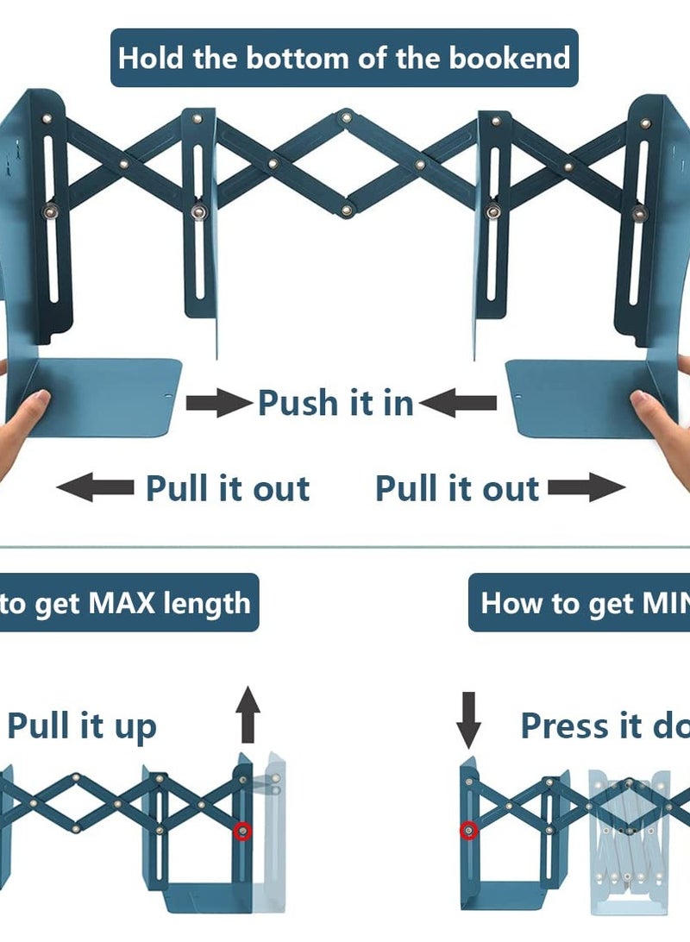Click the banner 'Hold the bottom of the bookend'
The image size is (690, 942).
point(344,58)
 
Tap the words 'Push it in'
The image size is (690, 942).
point(336,403)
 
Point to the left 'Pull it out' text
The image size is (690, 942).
point(228,488)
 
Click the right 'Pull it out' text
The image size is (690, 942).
point(457,488)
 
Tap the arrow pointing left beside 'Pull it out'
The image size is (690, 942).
point(95,488)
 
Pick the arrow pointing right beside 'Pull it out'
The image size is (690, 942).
point(586,488)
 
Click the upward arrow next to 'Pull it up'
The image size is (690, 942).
point(248,713)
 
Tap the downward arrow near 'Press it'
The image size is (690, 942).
point(468,719)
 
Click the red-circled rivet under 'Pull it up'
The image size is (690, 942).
point(243,831)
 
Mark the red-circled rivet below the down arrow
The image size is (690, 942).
point(468,831)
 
